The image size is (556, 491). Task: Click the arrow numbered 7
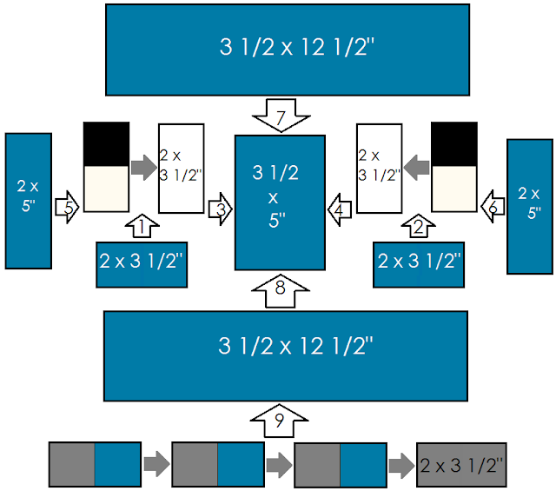(281, 115)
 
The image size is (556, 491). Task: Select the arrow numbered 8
(281, 291)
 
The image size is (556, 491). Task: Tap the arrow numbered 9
(279, 421)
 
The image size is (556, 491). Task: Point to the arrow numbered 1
(142, 226)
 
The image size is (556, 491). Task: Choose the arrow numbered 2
(419, 226)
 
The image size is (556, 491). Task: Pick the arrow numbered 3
(220, 209)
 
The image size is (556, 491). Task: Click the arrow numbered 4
(340, 209)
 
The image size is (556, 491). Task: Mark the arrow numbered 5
(67, 208)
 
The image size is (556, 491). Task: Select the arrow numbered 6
(493, 207)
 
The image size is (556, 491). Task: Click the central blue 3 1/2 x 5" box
(280, 202)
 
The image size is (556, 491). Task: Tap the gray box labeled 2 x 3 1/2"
(461, 465)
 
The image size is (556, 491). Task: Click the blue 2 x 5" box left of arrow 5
(29, 201)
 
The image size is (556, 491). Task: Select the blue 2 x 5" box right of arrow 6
(530, 207)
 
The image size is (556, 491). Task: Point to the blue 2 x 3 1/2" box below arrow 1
(142, 265)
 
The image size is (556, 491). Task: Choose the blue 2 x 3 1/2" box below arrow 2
(419, 265)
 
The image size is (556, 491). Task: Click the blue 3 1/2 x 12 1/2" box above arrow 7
(288, 50)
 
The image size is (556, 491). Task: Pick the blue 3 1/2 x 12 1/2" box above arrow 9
(286, 356)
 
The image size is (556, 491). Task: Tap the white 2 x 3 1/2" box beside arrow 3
(182, 169)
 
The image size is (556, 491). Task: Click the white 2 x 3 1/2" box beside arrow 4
(380, 169)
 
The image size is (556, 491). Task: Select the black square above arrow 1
(106, 144)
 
